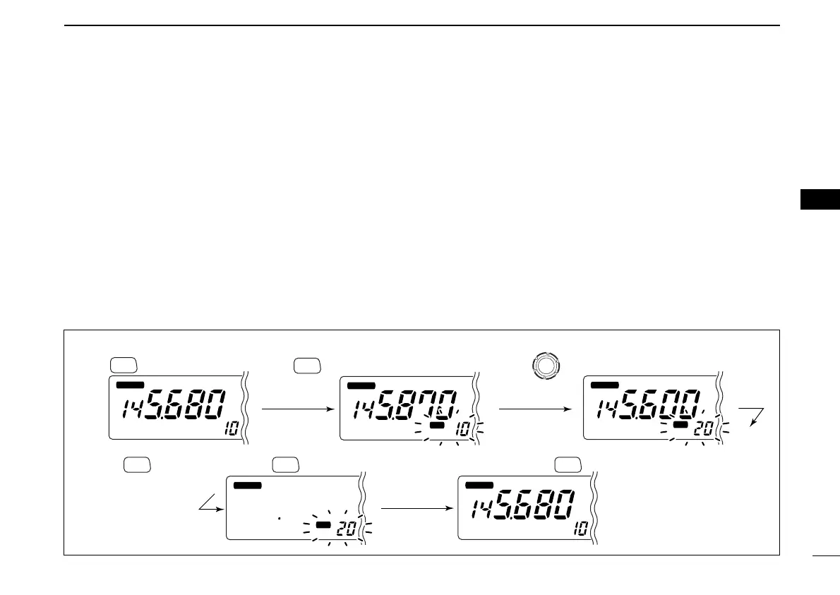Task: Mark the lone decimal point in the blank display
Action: pyautogui.click(x=280, y=519)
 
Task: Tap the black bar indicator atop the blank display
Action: pyautogui.click(x=247, y=486)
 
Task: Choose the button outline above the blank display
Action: pyautogui.click(x=284, y=464)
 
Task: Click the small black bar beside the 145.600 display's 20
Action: pyautogui.click(x=680, y=425)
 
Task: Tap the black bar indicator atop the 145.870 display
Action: pyautogui.click(x=361, y=385)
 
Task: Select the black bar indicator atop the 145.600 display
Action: pyautogui.click(x=604, y=385)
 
